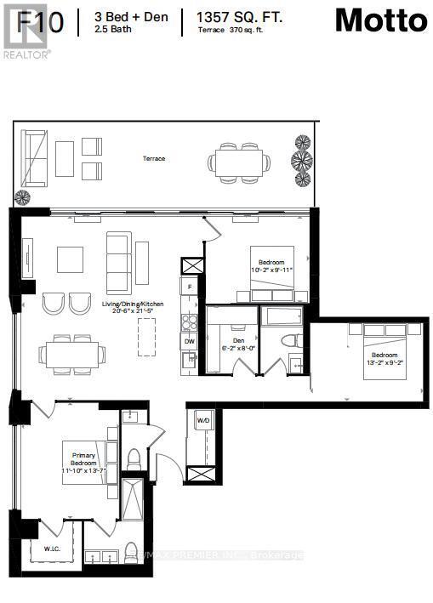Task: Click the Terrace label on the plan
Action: tap(154, 159)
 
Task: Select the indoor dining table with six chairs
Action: tap(71, 351)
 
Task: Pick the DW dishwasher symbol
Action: tap(190, 341)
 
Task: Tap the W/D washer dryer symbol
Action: tap(203, 420)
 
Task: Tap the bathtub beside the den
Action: tap(281, 317)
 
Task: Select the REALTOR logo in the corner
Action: tap(26, 29)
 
